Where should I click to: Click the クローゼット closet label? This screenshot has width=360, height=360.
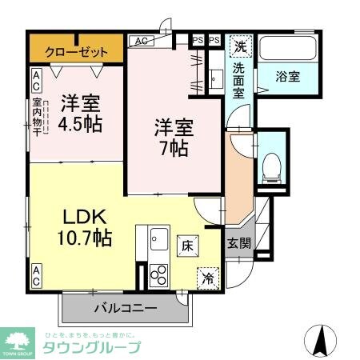tap(76, 52)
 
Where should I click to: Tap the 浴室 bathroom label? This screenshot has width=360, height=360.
tap(287, 78)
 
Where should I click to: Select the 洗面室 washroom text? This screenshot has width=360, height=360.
tap(239, 80)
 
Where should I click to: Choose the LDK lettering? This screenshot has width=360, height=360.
tap(78, 216)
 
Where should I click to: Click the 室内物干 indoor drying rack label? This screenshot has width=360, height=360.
tap(38, 117)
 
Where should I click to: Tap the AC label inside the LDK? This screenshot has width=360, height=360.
tap(37, 276)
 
